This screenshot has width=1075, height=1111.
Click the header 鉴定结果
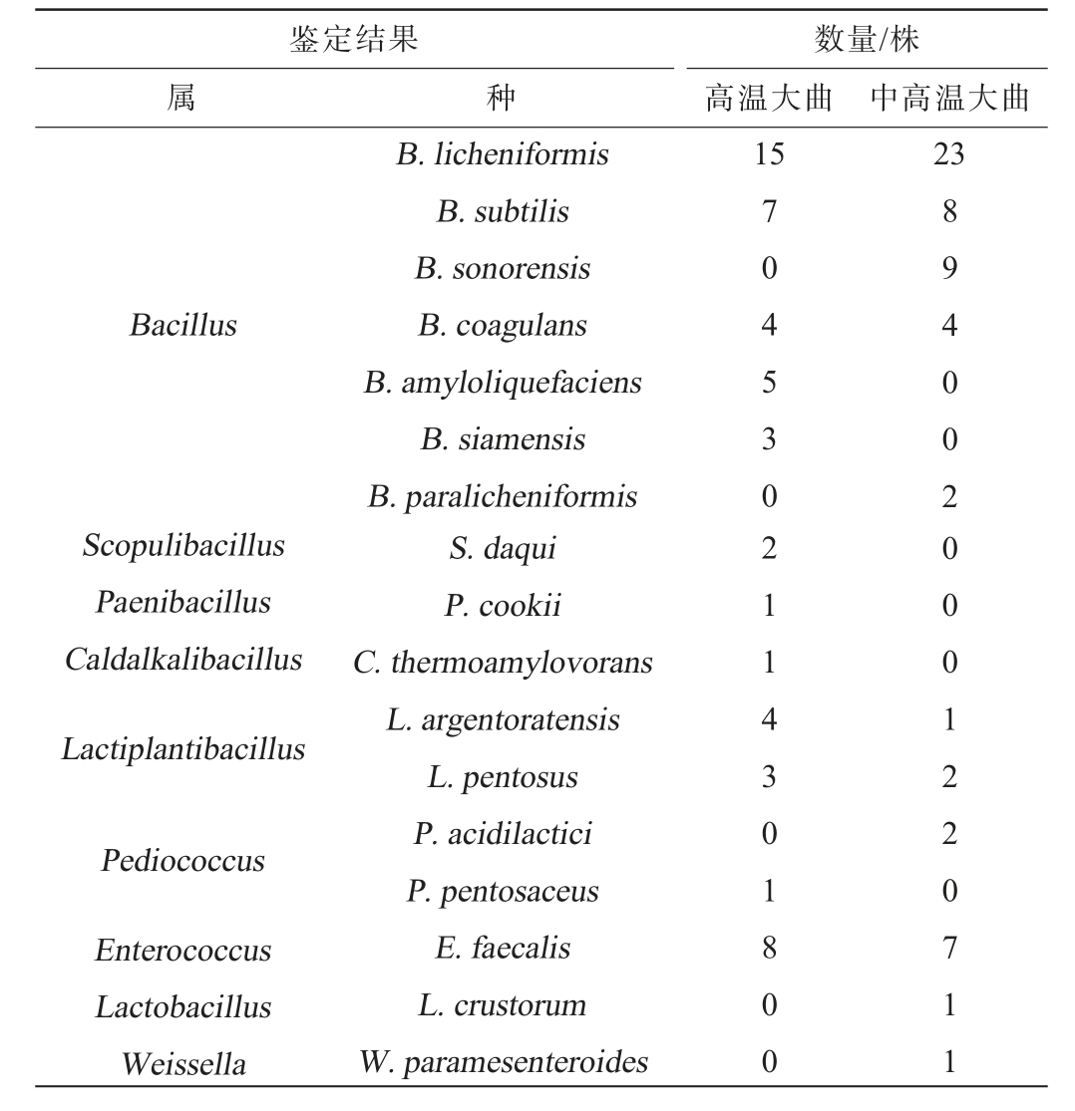pos(353,40)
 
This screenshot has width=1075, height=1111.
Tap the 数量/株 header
pos(866,40)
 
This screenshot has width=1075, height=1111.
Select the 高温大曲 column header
pos(768,99)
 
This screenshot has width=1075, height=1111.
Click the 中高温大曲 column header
pos(948,99)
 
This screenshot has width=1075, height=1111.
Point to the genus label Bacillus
pos(183,326)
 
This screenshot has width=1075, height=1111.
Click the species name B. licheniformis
pos(502,154)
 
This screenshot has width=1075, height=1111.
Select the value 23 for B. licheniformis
pos(948,154)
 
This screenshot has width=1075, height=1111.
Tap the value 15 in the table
pos(769,154)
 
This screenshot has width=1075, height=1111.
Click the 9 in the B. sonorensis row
pos(948,269)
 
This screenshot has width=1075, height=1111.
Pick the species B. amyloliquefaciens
pos(502,383)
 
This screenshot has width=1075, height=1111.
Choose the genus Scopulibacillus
pos(183,546)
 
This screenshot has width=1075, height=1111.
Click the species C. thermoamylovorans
pos(502,663)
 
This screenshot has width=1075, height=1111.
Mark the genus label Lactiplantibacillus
pos(183,749)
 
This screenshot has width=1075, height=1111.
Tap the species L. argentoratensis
pos(502,720)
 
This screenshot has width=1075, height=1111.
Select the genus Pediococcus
pos(183,862)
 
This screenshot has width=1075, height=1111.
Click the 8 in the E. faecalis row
pos(769,948)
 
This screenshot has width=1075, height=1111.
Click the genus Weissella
pos(183,1064)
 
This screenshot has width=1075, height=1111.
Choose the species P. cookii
pos(502,606)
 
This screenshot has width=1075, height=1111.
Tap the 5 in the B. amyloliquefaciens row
pos(769,383)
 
